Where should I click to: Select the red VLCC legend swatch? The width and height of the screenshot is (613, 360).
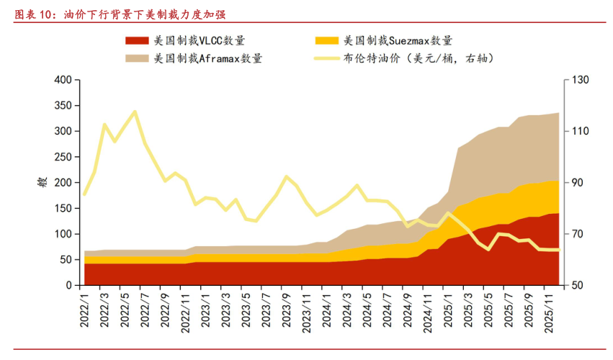click(x=138, y=41)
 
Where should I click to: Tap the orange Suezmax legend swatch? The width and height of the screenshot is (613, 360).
click(x=327, y=41)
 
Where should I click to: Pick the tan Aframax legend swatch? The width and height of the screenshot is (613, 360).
click(x=138, y=58)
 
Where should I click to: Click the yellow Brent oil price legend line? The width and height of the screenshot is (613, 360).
click(x=327, y=58)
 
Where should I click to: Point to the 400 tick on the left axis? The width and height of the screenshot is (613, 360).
click(x=63, y=80)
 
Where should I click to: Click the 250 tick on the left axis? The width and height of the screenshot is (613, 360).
click(x=63, y=157)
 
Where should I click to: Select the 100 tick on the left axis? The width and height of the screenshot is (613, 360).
click(x=63, y=235)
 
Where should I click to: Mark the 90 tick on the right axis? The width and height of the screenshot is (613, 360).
click(x=573, y=183)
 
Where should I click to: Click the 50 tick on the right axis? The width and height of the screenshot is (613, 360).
click(x=573, y=286)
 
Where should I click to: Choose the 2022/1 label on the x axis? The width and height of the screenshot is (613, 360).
click(x=85, y=308)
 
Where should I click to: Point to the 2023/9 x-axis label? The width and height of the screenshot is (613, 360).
click(x=286, y=308)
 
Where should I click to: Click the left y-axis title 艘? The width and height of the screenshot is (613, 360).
click(x=42, y=183)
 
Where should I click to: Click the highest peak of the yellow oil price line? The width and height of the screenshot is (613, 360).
click(x=135, y=112)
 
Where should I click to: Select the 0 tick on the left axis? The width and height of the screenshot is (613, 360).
click(x=68, y=286)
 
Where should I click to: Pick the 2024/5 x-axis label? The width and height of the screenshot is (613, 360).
click(x=367, y=308)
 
